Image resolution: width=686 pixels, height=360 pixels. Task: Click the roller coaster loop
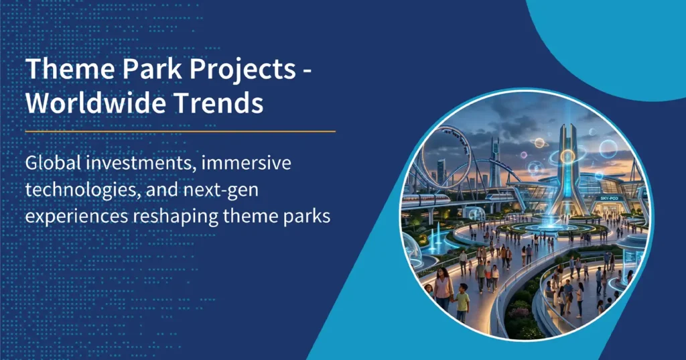click(444, 151)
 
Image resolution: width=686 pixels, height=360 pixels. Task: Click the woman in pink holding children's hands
click(443, 291)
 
